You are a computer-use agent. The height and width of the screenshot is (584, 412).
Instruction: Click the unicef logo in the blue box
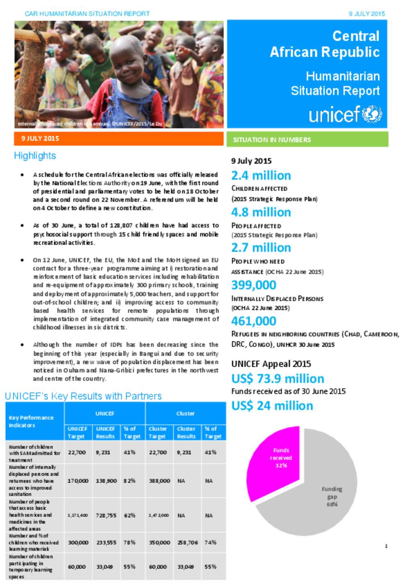coord(345,114)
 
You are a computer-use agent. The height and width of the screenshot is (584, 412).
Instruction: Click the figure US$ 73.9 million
coord(278,379)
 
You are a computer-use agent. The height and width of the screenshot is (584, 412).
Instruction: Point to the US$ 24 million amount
coord(272,406)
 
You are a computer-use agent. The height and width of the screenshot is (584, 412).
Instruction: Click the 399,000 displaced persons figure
coord(253,285)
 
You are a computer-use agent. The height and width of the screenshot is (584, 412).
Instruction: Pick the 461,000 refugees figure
coord(253,321)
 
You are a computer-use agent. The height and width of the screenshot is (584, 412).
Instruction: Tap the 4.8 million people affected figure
coord(261,212)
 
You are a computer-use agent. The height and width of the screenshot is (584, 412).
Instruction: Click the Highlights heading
coord(35,156)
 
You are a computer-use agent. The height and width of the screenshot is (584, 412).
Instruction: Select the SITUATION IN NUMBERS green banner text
coord(272,140)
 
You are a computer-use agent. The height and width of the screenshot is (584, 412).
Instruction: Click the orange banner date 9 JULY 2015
coord(40,138)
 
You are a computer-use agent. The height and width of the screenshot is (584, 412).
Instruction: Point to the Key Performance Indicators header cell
coord(31,421)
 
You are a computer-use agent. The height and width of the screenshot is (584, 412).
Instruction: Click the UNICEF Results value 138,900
coord(106,481)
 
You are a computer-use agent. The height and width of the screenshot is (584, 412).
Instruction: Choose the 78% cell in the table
coord(130,542)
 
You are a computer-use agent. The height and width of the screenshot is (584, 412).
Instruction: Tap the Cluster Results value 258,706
coord(187,542)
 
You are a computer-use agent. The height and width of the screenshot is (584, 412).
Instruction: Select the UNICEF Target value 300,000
coord(77,542)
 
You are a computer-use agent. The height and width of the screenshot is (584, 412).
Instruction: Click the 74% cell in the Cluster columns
coord(210,542)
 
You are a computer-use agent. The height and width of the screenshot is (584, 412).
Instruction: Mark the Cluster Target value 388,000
coord(159,481)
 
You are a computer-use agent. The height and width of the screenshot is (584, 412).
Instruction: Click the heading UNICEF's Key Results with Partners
coord(83,396)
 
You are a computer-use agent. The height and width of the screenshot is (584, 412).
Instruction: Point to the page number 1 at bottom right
coord(386,546)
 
